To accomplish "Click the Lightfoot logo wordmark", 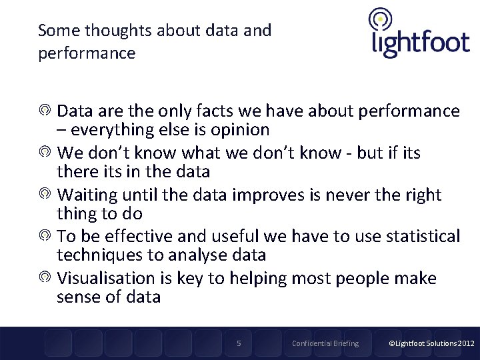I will (420, 43).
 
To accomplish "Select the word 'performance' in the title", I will (87, 53).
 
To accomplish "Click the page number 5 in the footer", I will (239, 343).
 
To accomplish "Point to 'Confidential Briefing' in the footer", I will (325, 343).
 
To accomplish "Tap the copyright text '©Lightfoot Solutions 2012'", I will (431, 343).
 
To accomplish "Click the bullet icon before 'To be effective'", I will (45, 236).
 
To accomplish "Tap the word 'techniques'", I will (101, 255).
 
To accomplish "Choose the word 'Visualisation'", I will (105, 278).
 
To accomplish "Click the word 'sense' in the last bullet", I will (81, 297).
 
